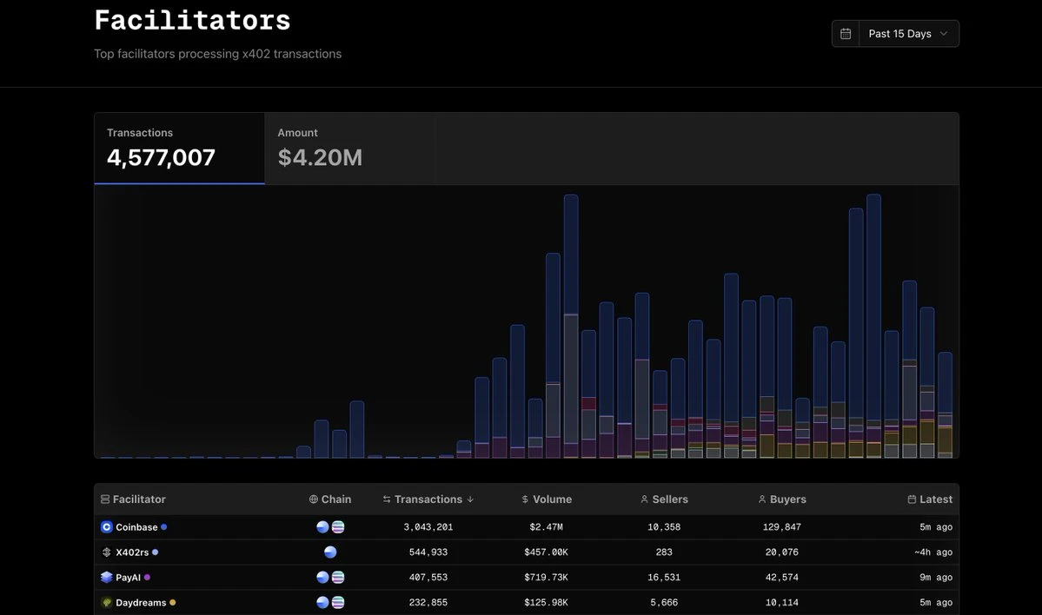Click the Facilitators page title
point(192,20)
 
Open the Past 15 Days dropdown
point(908,34)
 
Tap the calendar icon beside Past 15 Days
point(846,34)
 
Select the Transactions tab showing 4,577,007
point(179,148)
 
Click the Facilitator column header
point(139,499)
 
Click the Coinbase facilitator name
point(136,527)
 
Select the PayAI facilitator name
point(128,578)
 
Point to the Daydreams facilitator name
point(141,603)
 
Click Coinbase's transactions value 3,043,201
point(428,527)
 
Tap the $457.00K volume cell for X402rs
point(547,552)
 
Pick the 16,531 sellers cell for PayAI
point(664,578)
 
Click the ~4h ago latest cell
point(933,552)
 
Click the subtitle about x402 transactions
point(217,54)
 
